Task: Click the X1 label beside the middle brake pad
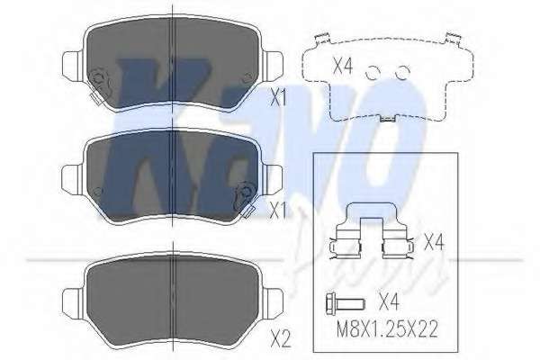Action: [278, 211]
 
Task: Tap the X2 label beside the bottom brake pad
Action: [281, 338]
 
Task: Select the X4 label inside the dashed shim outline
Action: [343, 66]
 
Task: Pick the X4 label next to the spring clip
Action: [434, 241]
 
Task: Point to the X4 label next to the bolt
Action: [389, 301]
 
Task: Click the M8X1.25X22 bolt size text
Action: [387, 329]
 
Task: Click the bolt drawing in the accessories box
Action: [345, 303]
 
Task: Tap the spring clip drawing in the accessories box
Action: [372, 231]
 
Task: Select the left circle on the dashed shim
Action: [373, 73]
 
